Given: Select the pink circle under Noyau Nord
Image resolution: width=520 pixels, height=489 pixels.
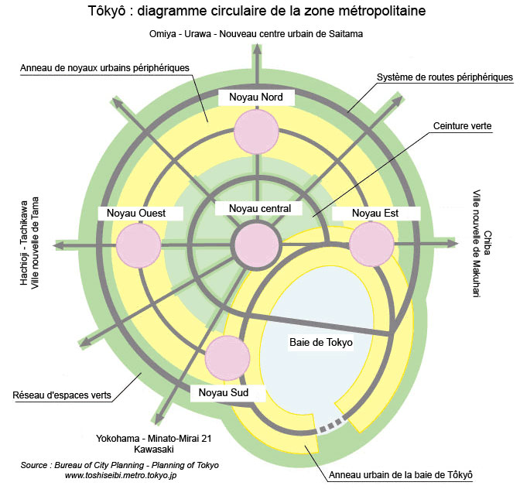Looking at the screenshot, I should coord(255,131).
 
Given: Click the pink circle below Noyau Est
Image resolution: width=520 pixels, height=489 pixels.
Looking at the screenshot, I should coord(372,244).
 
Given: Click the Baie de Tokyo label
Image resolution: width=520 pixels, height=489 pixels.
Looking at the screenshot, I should coord(321,342).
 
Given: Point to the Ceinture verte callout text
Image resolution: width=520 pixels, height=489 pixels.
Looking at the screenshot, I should coord(463,126).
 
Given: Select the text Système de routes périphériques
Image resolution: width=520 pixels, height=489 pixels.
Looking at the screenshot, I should coord(444,77).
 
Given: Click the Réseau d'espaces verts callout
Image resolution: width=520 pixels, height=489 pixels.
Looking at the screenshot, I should coord(62,395).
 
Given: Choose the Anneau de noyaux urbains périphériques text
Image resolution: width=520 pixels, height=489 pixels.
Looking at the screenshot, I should coord(104,68).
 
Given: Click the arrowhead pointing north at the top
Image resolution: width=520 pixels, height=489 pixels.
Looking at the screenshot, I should coord(256,51).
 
